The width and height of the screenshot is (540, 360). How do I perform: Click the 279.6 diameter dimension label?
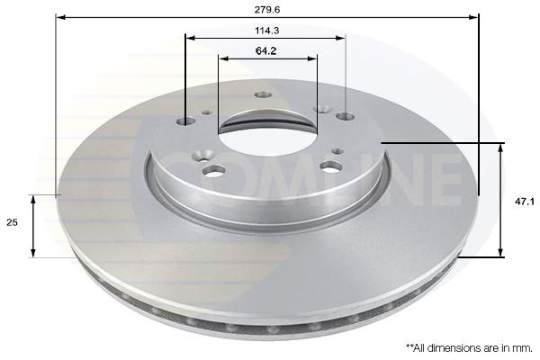click(267, 10)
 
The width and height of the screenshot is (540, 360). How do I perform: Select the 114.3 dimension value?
click(267, 31)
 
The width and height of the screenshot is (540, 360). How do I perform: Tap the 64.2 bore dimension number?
click(265, 51)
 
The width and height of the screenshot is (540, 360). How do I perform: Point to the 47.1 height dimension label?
click(525, 202)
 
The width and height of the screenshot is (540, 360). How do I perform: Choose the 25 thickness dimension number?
click(12, 222)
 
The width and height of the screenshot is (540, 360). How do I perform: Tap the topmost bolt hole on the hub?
click(264, 94)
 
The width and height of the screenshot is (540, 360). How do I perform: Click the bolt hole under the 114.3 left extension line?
click(186, 121)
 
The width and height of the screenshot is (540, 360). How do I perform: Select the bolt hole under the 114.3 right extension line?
click(346, 116)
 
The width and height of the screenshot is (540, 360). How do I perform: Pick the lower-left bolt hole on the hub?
click(214, 170)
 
